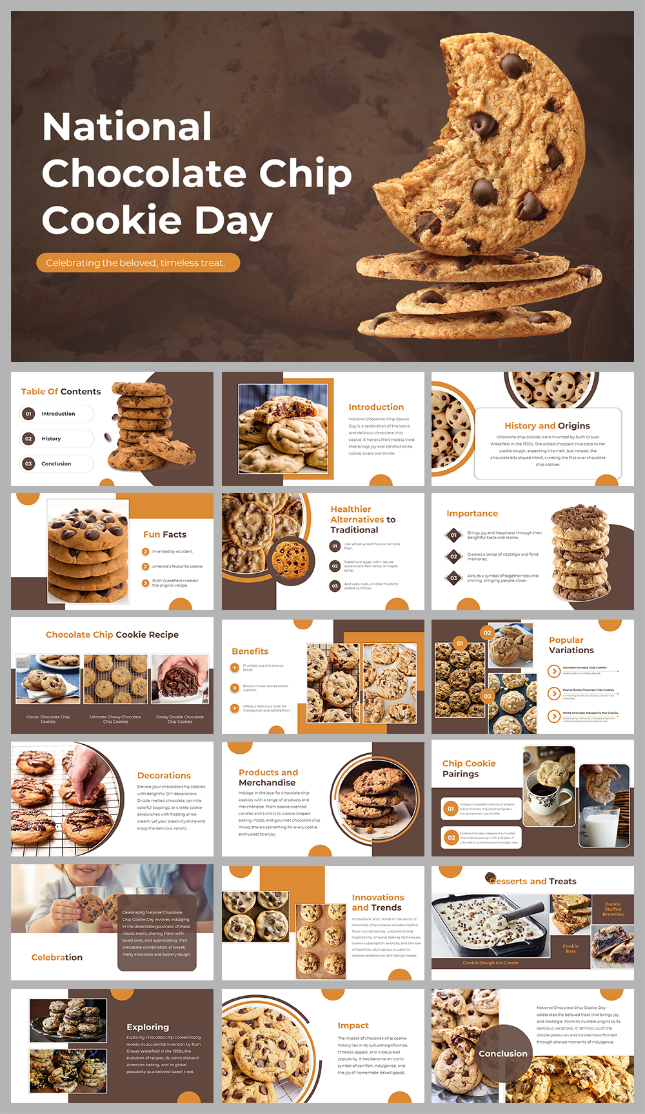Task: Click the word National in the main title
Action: pyautogui.click(x=127, y=127)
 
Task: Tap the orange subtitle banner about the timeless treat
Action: pyautogui.click(x=137, y=263)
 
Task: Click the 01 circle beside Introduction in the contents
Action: pyautogui.click(x=28, y=414)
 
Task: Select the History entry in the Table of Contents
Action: pyautogui.click(x=52, y=439)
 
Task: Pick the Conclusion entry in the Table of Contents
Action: pyautogui.click(x=56, y=463)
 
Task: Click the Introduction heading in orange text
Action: pyautogui.click(x=376, y=407)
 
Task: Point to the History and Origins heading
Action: pyautogui.click(x=547, y=426)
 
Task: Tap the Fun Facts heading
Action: pyautogui.click(x=164, y=534)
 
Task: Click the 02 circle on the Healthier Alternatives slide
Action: pyautogui.click(x=335, y=566)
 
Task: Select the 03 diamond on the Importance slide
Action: pyautogui.click(x=453, y=578)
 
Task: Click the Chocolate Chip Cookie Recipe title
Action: pyautogui.click(x=112, y=634)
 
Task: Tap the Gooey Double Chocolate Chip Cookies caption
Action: pyautogui.click(x=179, y=719)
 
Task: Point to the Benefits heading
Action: pyautogui.click(x=250, y=651)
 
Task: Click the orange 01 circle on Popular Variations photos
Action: pyautogui.click(x=460, y=643)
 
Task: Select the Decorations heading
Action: pyautogui.click(x=164, y=775)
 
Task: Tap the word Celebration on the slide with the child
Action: pyautogui.click(x=57, y=957)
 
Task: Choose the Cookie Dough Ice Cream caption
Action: pyautogui.click(x=490, y=962)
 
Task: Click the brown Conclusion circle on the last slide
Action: pyautogui.click(x=503, y=1053)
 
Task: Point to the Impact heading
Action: pyautogui.click(x=353, y=1025)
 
